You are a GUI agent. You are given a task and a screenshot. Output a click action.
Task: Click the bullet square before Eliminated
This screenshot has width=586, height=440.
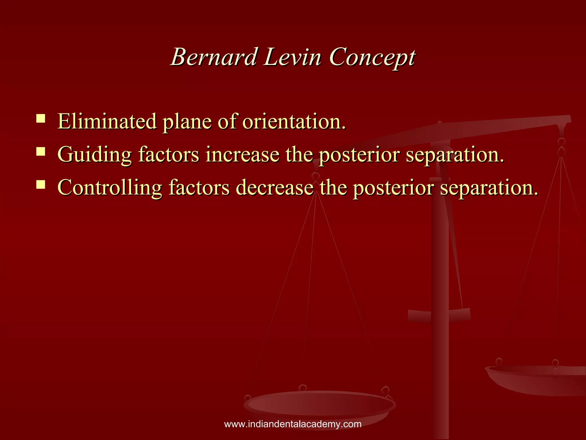[x=41, y=118]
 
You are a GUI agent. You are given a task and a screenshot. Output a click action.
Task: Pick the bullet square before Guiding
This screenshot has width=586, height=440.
[x=41, y=151]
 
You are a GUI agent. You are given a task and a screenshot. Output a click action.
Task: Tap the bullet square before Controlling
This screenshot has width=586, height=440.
[x=41, y=184]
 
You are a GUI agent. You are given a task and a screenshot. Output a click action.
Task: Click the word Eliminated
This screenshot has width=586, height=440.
[x=107, y=121]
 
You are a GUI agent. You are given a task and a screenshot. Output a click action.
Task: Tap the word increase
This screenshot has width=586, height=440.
[x=242, y=155]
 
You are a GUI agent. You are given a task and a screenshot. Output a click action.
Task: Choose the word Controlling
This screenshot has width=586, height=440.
[x=110, y=188]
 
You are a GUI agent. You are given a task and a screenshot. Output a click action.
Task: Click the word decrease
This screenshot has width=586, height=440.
[x=275, y=188]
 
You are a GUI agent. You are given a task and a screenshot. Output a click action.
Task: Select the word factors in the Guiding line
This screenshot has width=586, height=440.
[x=169, y=155]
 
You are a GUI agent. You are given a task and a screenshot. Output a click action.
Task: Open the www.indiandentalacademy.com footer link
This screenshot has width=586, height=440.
[x=293, y=424]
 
